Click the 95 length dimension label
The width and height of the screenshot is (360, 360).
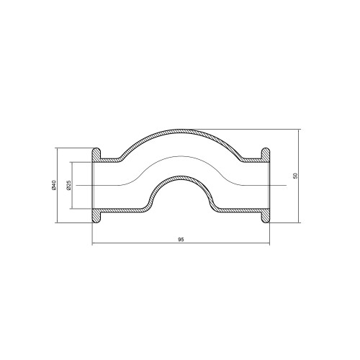tap(181, 240)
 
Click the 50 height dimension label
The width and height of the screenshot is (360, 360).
tap(295, 176)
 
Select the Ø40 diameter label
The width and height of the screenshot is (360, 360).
tap(53, 185)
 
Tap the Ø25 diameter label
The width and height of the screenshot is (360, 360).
tap(68, 185)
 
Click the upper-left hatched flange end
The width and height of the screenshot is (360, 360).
tap(96, 155)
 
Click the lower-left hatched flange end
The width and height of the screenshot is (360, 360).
tap(96, 216)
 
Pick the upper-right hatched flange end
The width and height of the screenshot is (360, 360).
tap(266, 155)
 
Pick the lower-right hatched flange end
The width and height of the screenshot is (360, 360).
tap(266, 216)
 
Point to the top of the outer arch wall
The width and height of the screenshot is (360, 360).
tap(181, 130)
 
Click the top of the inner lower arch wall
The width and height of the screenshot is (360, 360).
tap(181, 178)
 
